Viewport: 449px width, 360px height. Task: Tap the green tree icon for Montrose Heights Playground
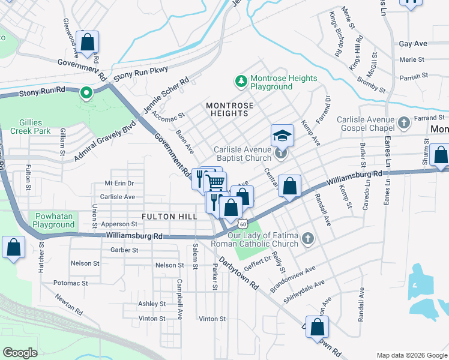coord(241,80)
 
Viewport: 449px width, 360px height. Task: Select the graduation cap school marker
coord(282,135)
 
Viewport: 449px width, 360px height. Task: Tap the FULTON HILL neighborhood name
coord(166,216)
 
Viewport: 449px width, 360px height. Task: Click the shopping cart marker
coord(215,181)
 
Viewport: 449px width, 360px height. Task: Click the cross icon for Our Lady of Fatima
coord(307,239)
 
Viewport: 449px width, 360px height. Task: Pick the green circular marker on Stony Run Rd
coord(86,93)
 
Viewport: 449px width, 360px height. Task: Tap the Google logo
coord(20,352)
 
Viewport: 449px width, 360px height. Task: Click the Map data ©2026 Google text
coord(411,355)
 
